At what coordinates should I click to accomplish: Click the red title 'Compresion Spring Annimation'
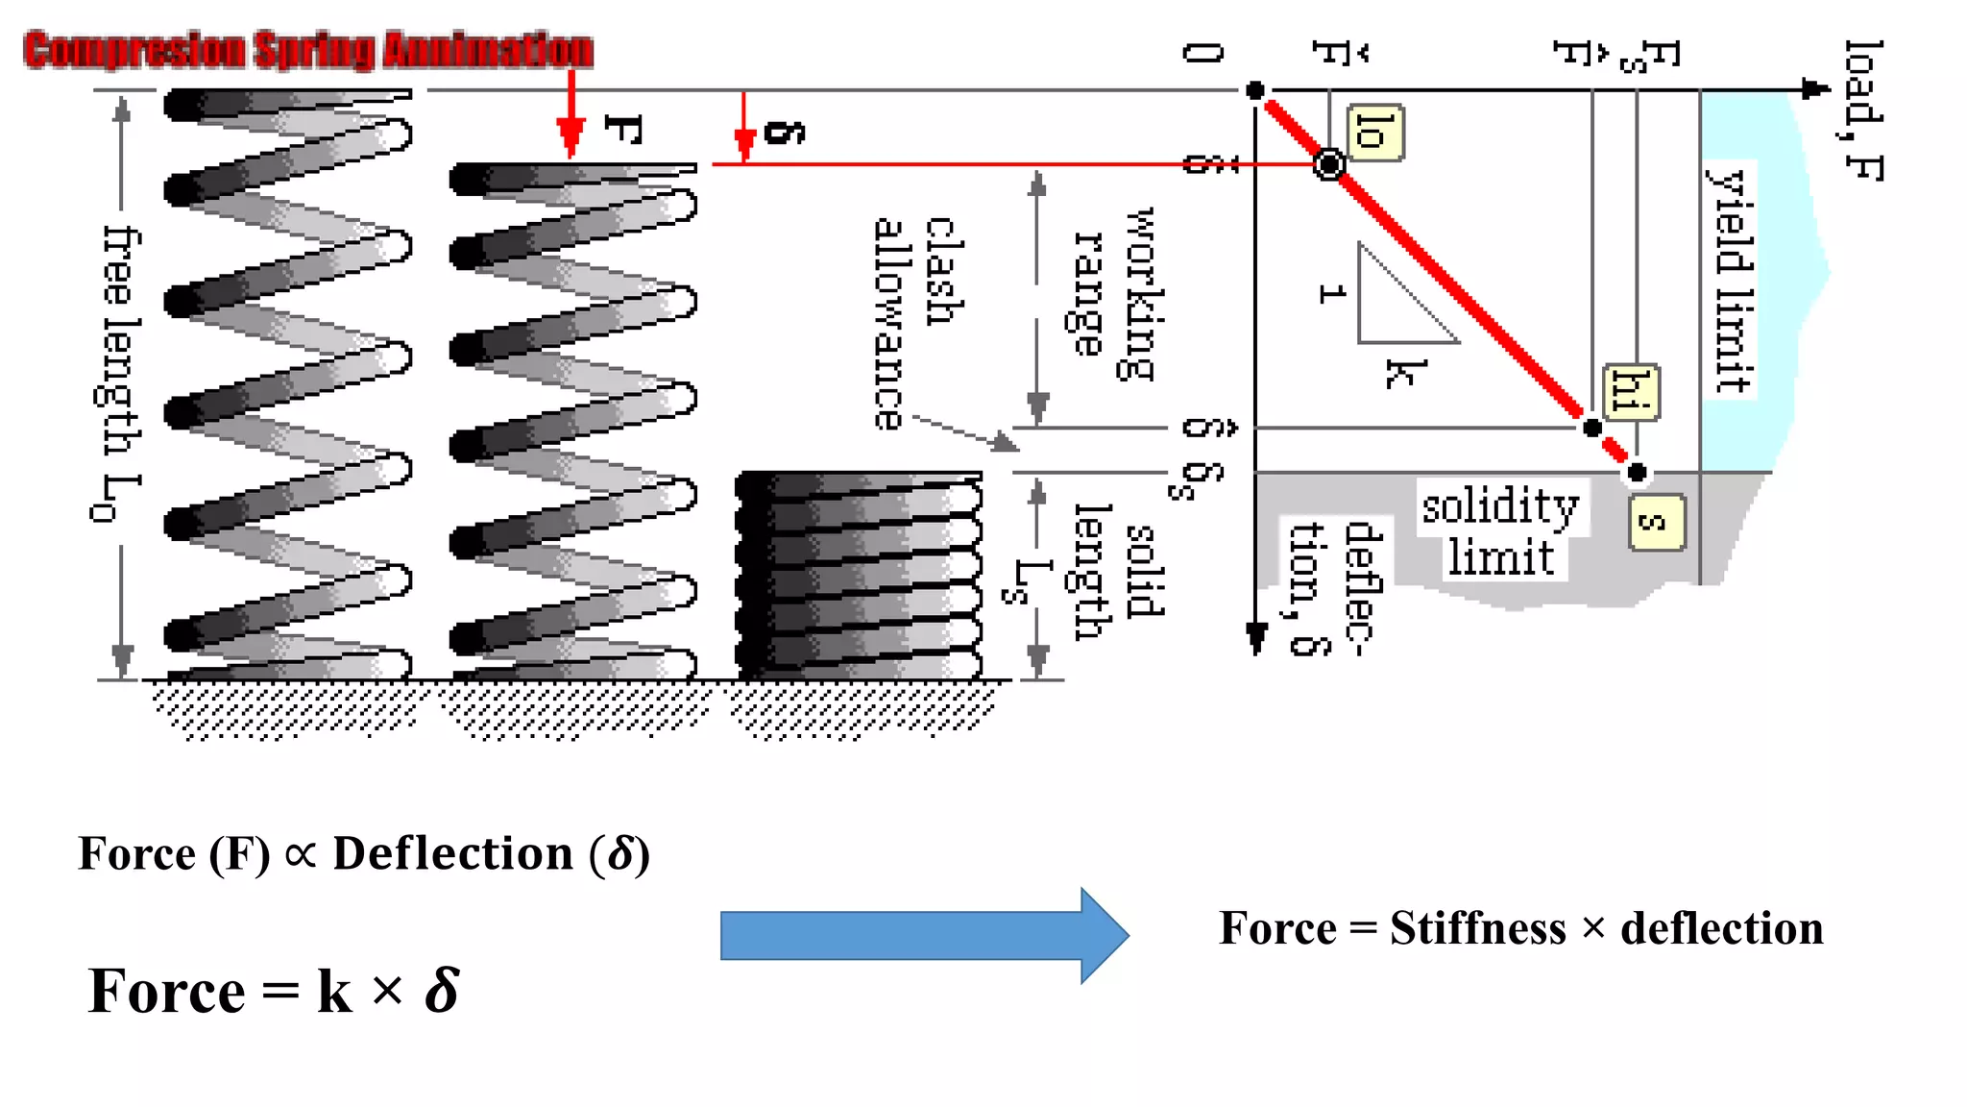(308, 50)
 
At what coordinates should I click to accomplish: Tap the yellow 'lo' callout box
(1374, 132)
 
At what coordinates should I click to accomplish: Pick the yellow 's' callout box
(1657, 523)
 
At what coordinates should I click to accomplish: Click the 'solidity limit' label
(1501, 530)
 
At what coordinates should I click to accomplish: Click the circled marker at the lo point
(1329, 164)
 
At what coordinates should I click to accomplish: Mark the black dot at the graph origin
(1255, 90)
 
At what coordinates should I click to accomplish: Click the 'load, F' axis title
(1863, 111)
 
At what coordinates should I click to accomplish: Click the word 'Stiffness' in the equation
(1477, 928)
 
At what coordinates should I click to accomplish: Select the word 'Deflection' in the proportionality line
(452, 853)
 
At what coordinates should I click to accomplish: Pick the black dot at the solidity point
(1637, 472)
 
